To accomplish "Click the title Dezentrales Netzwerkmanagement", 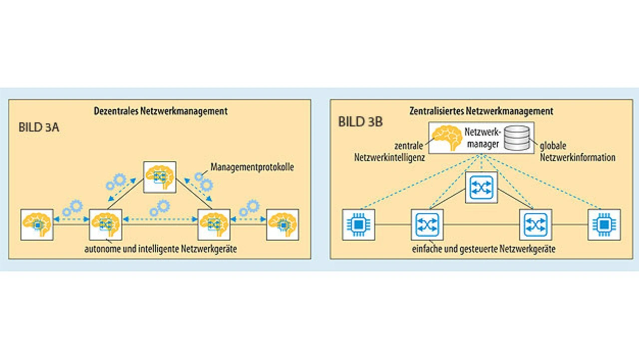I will [x=161, y=111].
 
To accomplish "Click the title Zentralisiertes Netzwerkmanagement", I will [x=481, y=111].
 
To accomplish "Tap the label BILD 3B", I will [x=360, y=122].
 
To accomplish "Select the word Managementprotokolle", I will [x=252, y=167].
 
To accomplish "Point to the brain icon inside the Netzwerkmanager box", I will [x=446, y=137].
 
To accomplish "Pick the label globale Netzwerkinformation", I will [x=578, y=152].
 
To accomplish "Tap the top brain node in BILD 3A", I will [x=160, y=177].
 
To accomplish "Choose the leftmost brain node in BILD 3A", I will [x=37, y=225].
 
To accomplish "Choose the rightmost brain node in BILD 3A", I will [x=283, y=225].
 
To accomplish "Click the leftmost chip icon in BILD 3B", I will [x=358, y=225].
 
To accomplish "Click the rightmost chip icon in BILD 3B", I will [x=604, y=225].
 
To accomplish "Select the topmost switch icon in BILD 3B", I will [x=482, y=187].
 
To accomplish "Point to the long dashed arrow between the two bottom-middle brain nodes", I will [x=160, y=218].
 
